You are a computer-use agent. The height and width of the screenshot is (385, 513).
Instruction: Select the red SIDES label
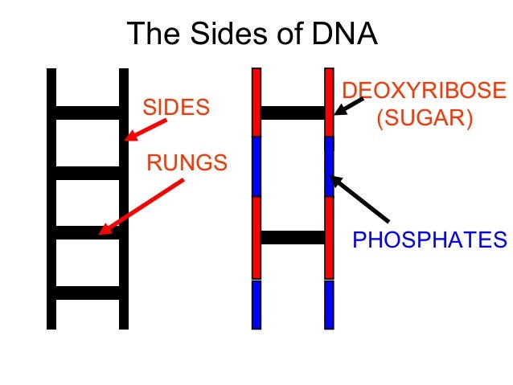click(175, 106)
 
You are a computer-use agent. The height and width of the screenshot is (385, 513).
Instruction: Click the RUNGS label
click(187, 164)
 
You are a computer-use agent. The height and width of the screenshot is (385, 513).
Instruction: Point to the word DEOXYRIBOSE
click(425, 90)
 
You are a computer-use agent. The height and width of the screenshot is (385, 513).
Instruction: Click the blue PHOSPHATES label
click(430, 240)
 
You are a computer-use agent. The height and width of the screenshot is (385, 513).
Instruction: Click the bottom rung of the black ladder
click(88, 293)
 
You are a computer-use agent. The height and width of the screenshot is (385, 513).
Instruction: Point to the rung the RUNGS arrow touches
click(88, 233)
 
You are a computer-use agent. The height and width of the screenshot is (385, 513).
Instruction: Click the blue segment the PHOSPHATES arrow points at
click(329, 166)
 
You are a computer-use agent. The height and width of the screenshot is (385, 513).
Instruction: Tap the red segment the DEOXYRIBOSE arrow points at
click(329, 102)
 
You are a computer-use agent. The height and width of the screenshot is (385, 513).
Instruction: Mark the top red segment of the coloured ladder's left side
click(256, 102)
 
